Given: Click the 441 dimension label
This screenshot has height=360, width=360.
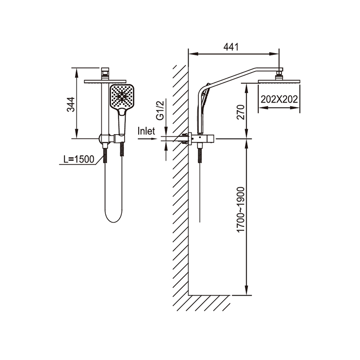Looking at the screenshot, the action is pyautogui.click(x=231, y=47).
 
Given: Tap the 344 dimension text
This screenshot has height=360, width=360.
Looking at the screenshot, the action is pyautogui.click(x=71, y=104).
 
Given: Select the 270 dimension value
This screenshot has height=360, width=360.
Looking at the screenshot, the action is pyautogui.click(x=241, y=112).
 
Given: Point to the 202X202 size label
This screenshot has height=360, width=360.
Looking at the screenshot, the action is pyautogui.click(x=279, y=99).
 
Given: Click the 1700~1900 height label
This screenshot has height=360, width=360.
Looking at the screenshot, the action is pyautogui.click(x=241, y=210).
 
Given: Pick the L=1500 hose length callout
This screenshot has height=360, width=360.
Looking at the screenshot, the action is pyautogui.click(x=79, y=159).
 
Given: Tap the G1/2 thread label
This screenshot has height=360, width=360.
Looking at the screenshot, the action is pyautogui.click(x=160, y=110).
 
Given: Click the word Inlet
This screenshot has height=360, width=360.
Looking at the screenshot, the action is pyautogui.click(x=146, y=131).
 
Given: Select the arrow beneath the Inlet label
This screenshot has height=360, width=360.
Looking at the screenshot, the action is pyautogui.click(x=148, y=139).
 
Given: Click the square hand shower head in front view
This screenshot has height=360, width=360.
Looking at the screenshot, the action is pyautogui.click(x=122, y=96).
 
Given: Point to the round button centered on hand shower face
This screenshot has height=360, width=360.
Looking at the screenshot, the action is pyautogui.click(x=122, y=96).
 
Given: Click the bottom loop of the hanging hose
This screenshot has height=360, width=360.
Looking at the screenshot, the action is pyautogui.click(x=114, y=217).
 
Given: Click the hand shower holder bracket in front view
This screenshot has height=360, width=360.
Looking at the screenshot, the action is pyautogui.click(x=119, y=138).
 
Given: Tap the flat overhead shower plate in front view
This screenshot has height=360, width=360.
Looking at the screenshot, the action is pyautogui.click(x=105, y=81).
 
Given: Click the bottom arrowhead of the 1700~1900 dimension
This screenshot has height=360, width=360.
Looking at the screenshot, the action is pyautogui.click(x=247, y=290).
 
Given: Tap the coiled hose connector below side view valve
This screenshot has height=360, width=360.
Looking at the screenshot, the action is pyautogui.click(x=200, y=155).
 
